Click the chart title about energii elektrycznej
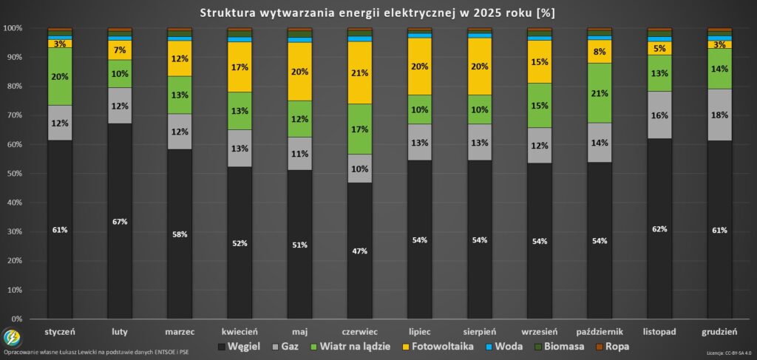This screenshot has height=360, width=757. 378,13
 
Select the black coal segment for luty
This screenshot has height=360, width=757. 120,222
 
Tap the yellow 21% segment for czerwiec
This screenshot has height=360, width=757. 360,72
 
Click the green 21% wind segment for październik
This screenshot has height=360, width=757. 600,93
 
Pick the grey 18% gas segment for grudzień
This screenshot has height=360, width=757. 719,115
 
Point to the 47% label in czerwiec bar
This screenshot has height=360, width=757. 360,251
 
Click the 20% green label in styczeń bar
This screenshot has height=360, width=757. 60,77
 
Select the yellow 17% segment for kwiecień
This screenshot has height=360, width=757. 240,67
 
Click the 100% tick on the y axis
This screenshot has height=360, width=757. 13,28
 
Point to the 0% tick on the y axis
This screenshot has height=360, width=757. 16,319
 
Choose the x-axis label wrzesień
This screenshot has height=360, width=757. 540,332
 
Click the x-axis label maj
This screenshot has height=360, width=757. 299,332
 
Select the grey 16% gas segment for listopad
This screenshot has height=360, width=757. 659,115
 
